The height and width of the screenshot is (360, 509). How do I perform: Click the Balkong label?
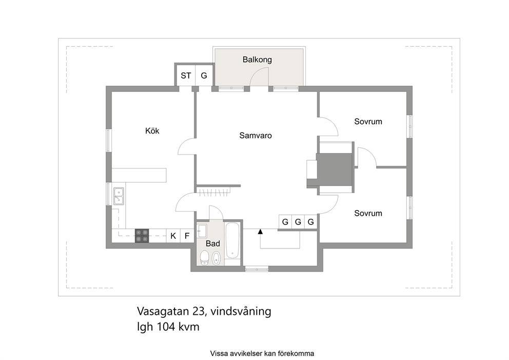pos(257,60)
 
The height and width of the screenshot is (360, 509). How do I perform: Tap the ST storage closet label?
pos(186,75)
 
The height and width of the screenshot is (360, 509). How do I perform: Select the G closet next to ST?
pos(204,75)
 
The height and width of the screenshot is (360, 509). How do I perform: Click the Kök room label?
pos(152,131)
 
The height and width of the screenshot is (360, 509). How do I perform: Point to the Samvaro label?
pos(256,136)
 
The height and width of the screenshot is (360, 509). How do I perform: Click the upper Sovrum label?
pos(368,122)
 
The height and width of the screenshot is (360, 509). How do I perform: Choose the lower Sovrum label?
pos(368,213)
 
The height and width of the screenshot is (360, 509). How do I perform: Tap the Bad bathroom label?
pos(212,243)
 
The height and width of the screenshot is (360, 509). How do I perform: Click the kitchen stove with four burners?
pos(142,236)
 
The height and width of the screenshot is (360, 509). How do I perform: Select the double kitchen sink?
pos(119,196)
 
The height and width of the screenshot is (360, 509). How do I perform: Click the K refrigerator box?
pos(173,236)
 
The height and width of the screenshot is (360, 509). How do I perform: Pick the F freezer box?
pos(187,236)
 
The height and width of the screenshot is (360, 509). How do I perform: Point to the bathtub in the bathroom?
pos(232,240)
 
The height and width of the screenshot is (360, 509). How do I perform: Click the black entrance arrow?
pos(260,232)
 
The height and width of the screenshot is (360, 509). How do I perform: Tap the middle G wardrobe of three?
pos(298,222)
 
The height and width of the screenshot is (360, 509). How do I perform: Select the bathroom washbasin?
pos(202,231)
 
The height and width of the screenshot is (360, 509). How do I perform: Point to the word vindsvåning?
pos(241,312)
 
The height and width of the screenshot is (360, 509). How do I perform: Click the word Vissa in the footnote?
pos(218,353)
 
